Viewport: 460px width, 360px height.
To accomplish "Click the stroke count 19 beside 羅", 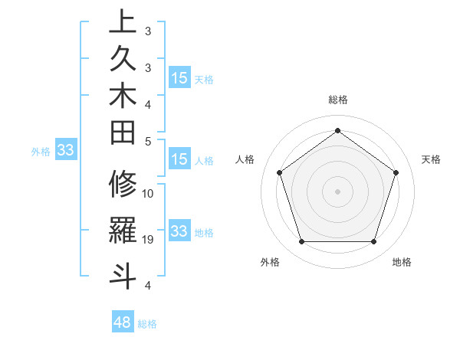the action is coord(149,240).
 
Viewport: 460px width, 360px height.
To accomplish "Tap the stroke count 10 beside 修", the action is coord(149,194).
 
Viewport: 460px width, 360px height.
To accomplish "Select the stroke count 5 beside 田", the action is coord(149,141).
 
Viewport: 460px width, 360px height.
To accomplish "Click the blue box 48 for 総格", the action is coord(123,322).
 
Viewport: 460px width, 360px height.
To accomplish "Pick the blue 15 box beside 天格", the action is coord(179,78).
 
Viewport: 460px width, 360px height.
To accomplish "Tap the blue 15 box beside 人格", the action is coord(179,160).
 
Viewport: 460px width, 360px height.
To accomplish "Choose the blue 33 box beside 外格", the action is coord(66,151).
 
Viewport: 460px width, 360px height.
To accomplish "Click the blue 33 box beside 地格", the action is coord(179,231).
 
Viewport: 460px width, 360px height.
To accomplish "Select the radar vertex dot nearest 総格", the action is coord(337,130).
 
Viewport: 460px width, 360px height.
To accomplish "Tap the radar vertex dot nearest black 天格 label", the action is coord(396,172).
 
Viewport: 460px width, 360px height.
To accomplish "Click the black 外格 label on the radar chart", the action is coord(270,262).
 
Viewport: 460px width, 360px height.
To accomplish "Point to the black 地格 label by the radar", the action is coord(402,262).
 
